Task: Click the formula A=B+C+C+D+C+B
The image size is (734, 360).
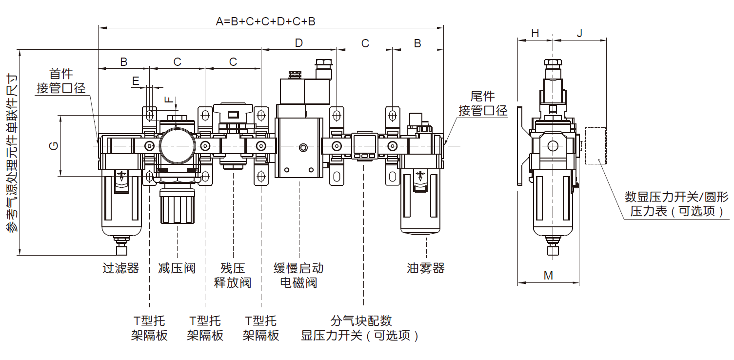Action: coord(265,21)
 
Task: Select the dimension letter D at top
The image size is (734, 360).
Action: coord(298,43)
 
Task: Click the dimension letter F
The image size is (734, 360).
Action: coord(168,100)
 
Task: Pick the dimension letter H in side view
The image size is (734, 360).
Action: coord(535,33)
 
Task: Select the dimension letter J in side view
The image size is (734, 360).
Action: coord(579,33)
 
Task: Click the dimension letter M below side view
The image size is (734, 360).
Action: coord(548,276)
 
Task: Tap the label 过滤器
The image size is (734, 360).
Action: coord(120,268)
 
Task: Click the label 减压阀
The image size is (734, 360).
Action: coord(177,268)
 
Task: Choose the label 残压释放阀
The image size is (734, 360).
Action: coord(233,275)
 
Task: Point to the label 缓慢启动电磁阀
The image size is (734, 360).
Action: coord(298,275)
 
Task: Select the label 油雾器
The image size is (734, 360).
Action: coord(426,268)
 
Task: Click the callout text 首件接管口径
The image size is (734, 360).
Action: coord(61,81)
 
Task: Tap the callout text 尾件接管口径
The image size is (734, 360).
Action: coord(483,103)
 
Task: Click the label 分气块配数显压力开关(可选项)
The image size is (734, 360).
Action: coord(361,328)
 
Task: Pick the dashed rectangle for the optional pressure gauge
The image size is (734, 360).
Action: coord(595,146)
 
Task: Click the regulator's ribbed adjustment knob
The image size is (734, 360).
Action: coord(177,207)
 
